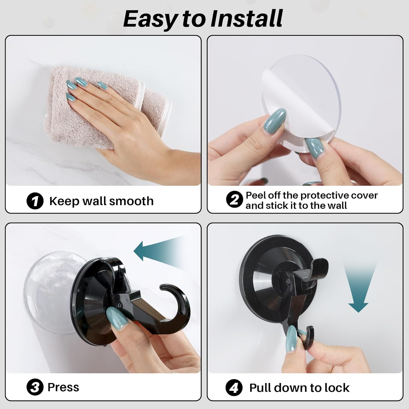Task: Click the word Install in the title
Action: tap(247, 19)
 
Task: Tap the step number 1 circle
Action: tap(35, 201)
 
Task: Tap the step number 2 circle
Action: tap(234, 200)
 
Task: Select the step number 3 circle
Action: tap(35, 387)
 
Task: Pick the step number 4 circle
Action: tap(234, 388)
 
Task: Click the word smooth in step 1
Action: tap(132, 201)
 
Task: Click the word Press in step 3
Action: tap(63, 387)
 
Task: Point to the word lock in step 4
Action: tap(337, 388)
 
